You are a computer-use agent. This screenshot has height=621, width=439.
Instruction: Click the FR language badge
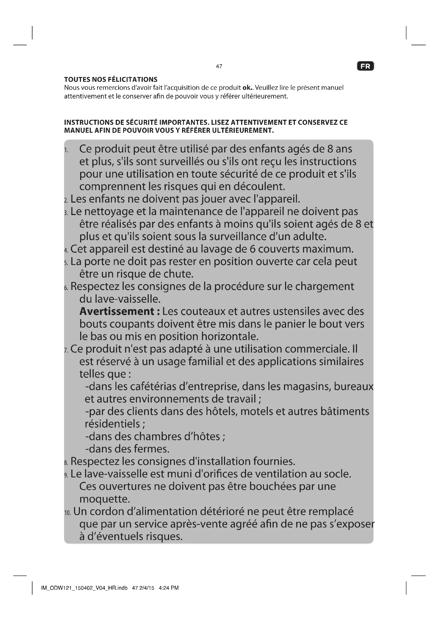click(365, 66)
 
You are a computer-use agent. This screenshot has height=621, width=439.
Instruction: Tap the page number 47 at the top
click(219, 66)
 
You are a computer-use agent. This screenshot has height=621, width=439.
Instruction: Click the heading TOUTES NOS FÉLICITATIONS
click(111, 80)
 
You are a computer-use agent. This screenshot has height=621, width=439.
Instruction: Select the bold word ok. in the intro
click(247, 88)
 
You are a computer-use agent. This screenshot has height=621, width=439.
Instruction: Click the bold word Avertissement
click(117, 312)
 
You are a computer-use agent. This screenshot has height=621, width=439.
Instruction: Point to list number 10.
click(67, 512)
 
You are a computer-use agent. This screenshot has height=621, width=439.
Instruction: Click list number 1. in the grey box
click(66, 150)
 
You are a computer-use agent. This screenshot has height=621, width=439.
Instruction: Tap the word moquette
click(105, 499)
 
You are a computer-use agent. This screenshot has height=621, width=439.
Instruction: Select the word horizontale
click(230, 336)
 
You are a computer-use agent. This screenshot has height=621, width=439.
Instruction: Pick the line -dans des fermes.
click(127, 449)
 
